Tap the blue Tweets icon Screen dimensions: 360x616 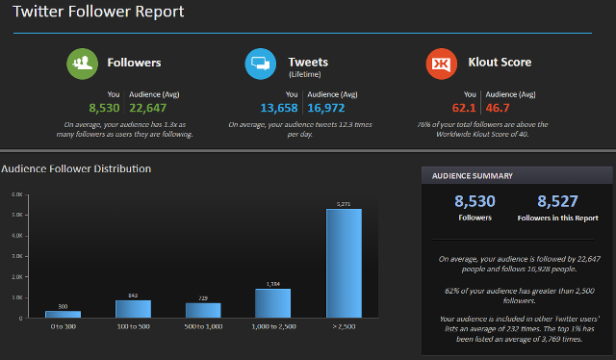[x=261, y=64]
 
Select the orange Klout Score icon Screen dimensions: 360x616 [x=441, y=64]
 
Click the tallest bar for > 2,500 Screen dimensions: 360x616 [x=344, y=263]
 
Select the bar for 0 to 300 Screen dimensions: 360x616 [x=64, y=314]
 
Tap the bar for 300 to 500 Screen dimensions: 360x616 [x=133, y=309]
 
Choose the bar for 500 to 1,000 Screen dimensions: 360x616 [x=203, y=310]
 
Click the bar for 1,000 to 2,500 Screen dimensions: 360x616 [x=273, y=303]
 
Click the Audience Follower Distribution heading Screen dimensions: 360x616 [x=76, y=169]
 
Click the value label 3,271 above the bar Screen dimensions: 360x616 [x=344, y=203]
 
